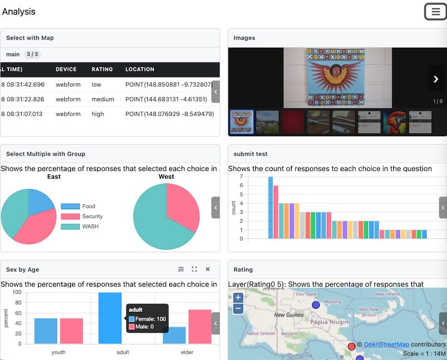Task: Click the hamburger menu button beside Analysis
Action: point(435,12)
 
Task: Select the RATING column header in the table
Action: point(102,69)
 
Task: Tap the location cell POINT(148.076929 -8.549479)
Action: point(169,114)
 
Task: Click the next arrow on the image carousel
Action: point(436,79)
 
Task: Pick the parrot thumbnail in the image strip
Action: point(394,122)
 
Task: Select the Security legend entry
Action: point(92,217)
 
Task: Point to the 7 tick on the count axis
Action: point(241,177)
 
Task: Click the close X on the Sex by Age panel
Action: point(208,270)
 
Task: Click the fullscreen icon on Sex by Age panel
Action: point(194,270)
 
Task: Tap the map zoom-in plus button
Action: point(238,298)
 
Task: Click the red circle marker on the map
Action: point(351,347)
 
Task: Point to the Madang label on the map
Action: point(332,302)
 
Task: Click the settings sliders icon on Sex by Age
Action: point(181,270)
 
